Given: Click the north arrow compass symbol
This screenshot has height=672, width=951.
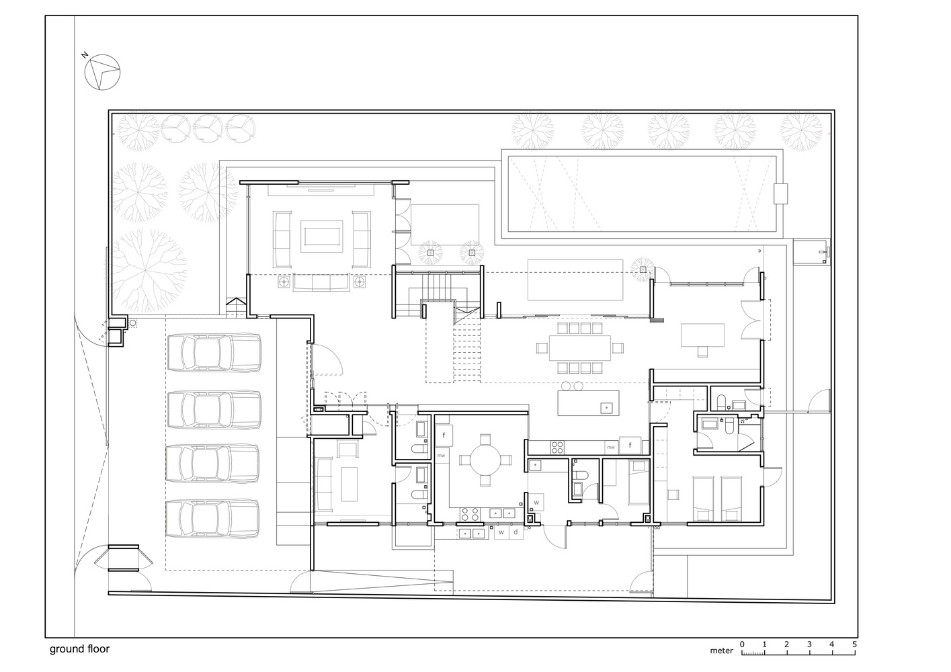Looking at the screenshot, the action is (x=102, y=72).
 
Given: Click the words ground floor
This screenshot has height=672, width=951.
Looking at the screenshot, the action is (x=79, y=649).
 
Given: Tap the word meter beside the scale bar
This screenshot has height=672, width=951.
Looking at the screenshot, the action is (x=721, y=650).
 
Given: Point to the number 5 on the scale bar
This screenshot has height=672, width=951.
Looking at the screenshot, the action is (x=854, y=644).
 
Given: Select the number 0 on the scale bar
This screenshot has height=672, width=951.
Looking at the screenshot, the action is (x=742, y=644).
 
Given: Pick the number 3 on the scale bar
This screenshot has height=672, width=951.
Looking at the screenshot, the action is (x=809, y=644).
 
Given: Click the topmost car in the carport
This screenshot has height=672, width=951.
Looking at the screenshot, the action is (x=214, y=352).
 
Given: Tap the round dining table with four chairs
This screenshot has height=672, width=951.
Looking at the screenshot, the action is (x=485, y=460).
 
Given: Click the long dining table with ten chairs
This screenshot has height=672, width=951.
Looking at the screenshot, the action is (x=580, y=348).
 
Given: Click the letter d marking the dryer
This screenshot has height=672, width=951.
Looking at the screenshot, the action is (x=516, y=532).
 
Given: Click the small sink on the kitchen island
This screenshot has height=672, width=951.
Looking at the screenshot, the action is (x=607, y=408).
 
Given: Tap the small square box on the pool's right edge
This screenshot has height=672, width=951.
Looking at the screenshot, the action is (x=780, y=194).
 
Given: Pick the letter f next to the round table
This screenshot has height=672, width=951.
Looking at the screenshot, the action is (x=444, y=435).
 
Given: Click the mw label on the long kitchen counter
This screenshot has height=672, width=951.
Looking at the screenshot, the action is (x=611, y=447).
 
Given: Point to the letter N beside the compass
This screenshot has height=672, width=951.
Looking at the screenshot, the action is (x=85, y=55).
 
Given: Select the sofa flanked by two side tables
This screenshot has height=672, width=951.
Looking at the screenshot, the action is (x=321, y=283).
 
